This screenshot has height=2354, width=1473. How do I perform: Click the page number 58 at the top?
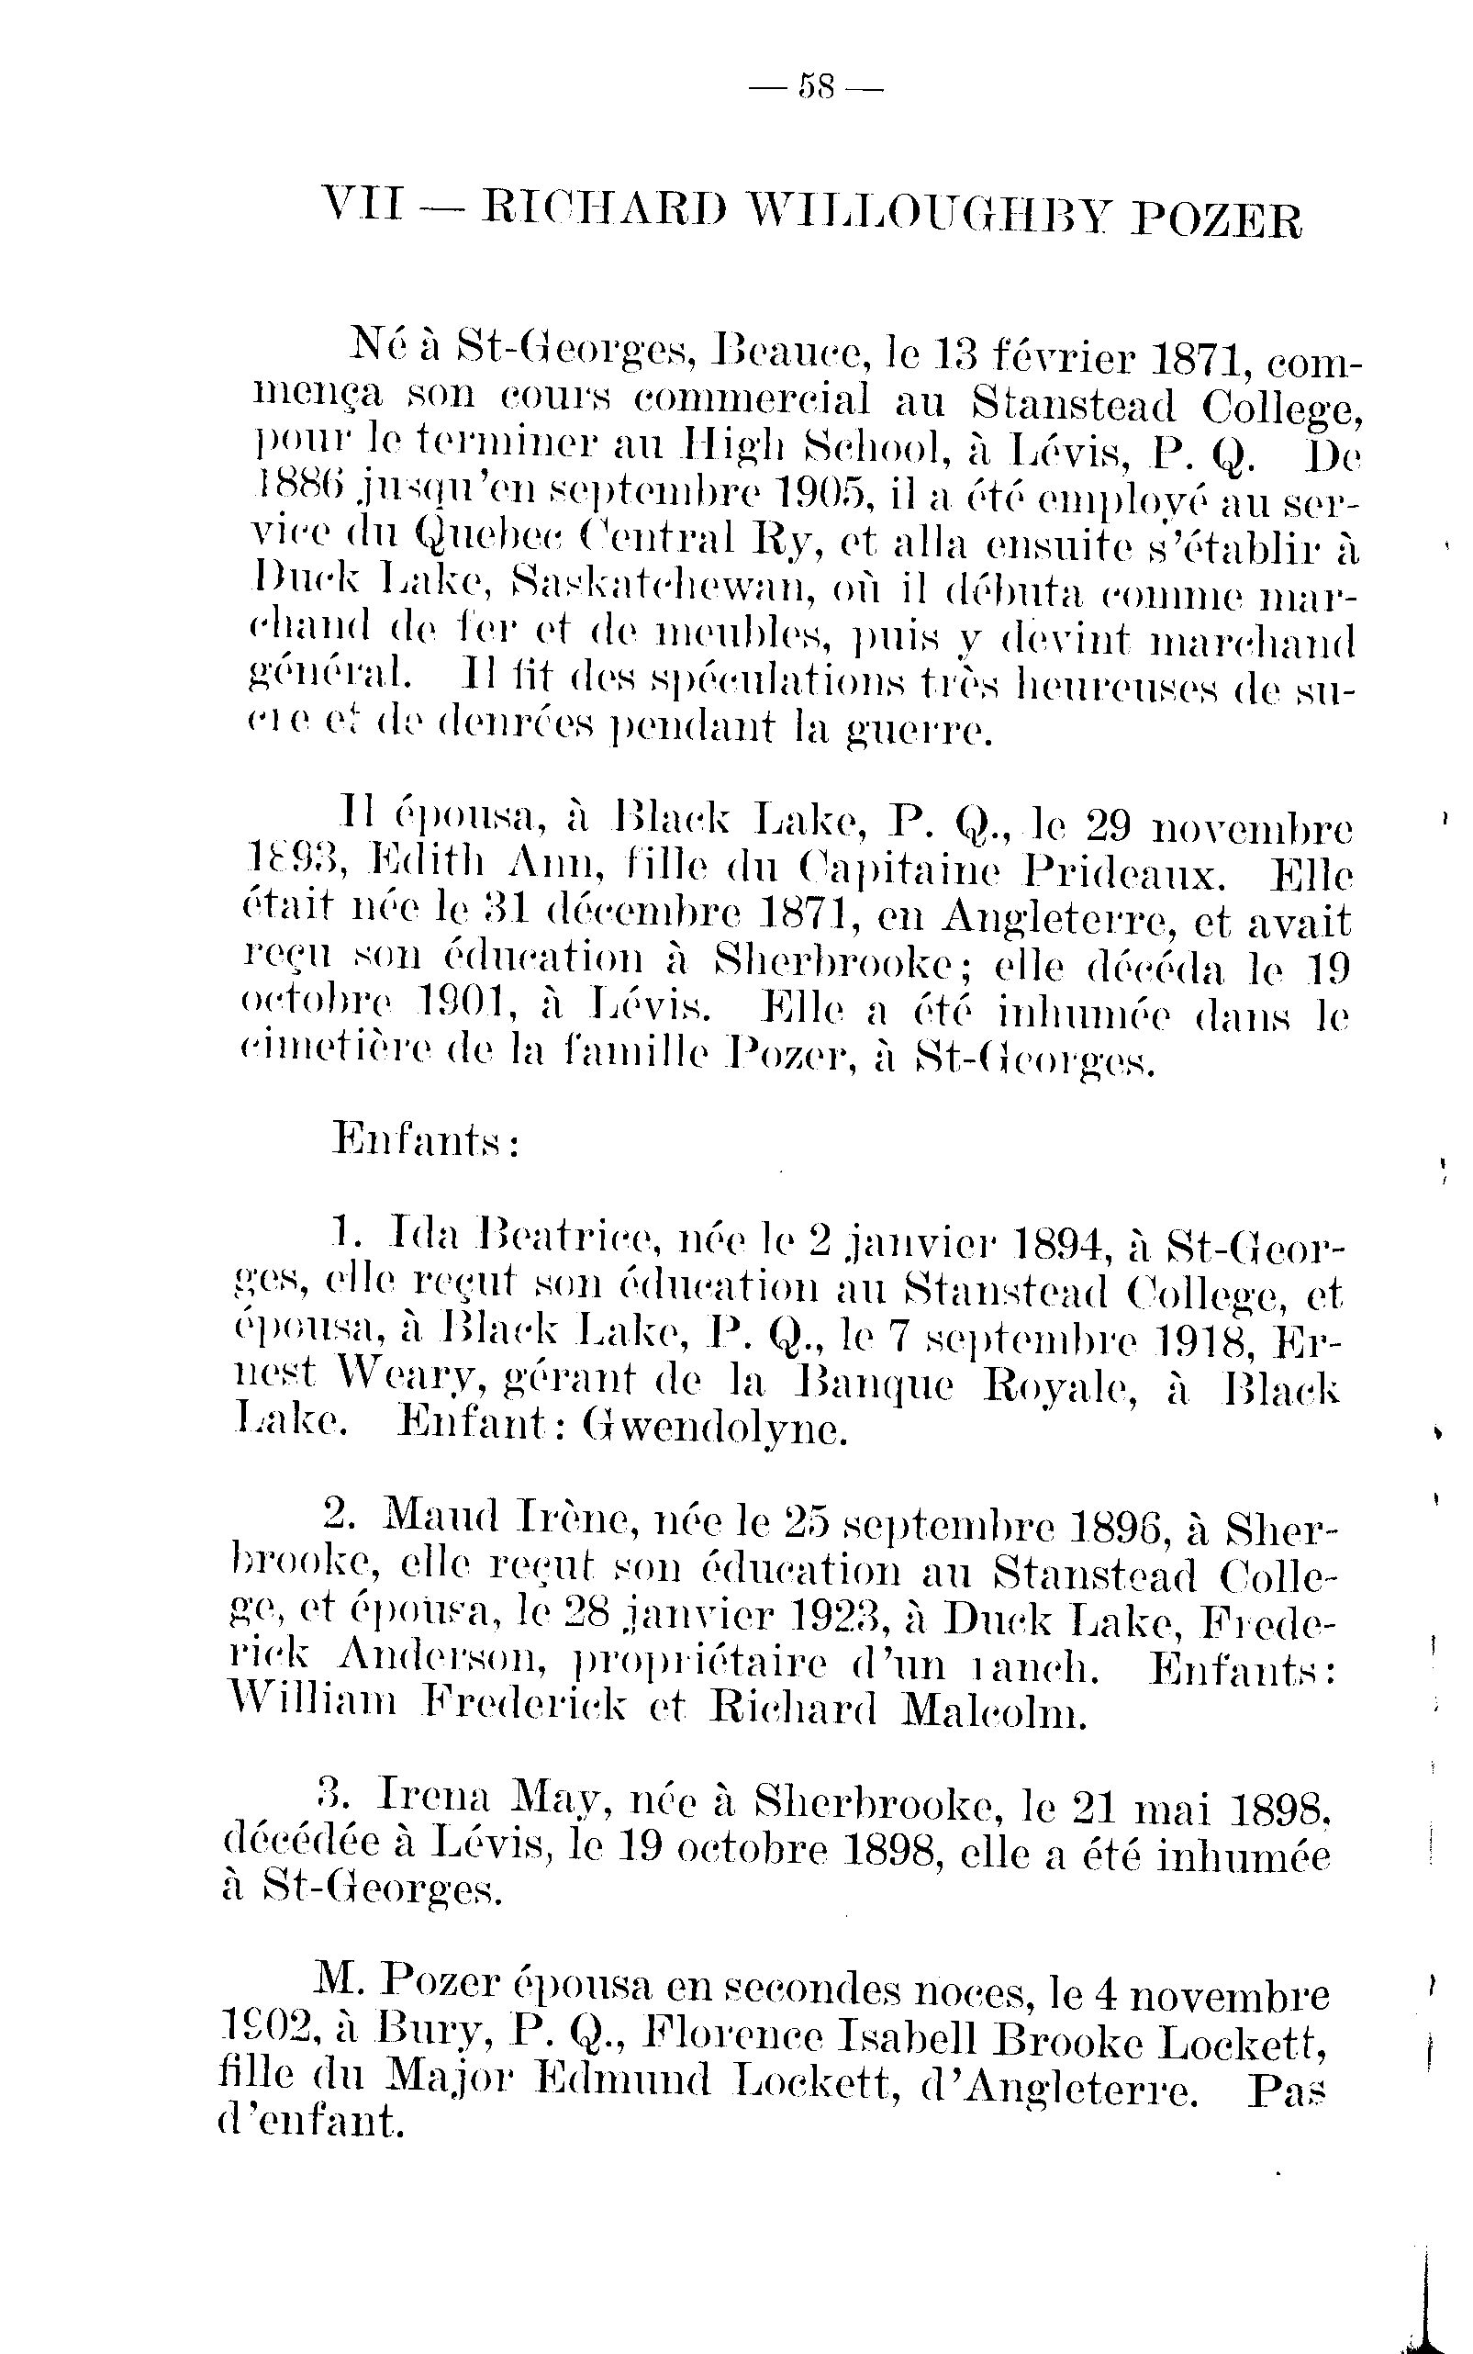coord(815,89)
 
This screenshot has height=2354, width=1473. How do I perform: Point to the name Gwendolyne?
coord(714,1429)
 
